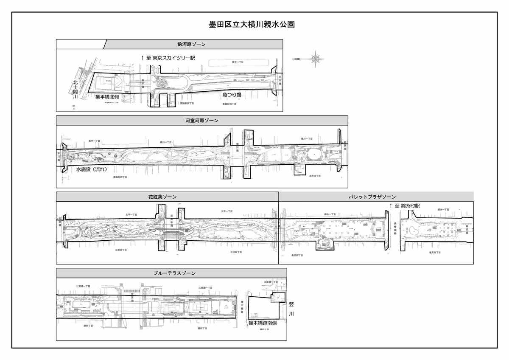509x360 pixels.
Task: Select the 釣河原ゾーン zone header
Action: (x=192, y=44)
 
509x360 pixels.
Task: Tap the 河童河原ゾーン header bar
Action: (x=202, y=121)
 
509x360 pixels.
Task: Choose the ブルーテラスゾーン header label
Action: (x=171, y=273)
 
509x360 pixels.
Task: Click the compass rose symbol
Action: (x=315, y=58)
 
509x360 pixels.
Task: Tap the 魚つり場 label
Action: (x=232, y=95)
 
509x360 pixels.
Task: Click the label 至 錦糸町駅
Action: (x=409, y=206)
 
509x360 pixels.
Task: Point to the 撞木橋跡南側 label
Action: (x=263, y=323)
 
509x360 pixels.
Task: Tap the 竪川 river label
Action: (x=291, y=309)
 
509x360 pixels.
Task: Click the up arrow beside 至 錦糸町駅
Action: (x=391, y=206)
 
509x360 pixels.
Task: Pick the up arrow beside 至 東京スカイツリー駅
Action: (x=143, y=57)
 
